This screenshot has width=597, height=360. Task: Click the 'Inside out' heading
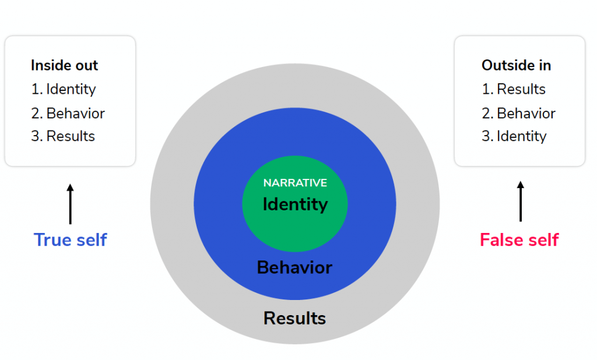(64, 65)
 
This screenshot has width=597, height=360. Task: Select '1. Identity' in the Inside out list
(64, 90)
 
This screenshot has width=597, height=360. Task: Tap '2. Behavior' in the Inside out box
(68, 114)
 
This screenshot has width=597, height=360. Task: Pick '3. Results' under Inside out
(63, 136)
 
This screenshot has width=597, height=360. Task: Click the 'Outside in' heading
(517, 65)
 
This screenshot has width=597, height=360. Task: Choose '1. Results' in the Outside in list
(514, 89)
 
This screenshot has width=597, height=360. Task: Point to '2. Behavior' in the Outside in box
(518, 114)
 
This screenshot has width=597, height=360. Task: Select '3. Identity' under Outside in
(514, 137)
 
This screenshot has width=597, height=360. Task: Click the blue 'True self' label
(71, 240)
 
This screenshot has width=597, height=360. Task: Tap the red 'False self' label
(519, 240)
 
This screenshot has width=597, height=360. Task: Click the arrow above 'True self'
(70, 204)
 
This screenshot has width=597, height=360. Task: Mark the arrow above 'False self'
(521, 202)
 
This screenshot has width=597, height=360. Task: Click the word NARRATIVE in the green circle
(295, 183)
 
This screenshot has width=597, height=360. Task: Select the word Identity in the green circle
(295, 204)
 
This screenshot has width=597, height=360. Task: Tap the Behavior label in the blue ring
(294, 267)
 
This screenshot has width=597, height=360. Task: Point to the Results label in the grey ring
(294, 319)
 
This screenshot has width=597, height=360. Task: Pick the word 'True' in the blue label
(52, 240)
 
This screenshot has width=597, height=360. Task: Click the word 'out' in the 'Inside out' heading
(87, 66)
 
